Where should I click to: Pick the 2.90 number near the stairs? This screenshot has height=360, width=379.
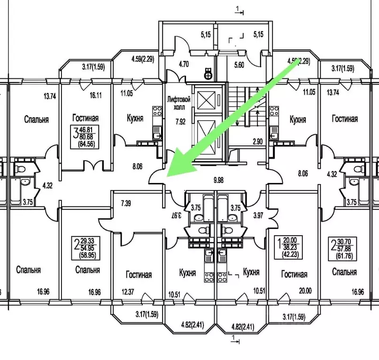point(257,141)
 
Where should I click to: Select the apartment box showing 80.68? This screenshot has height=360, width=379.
point(85,137)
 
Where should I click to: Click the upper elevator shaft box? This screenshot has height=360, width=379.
point(205,99)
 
